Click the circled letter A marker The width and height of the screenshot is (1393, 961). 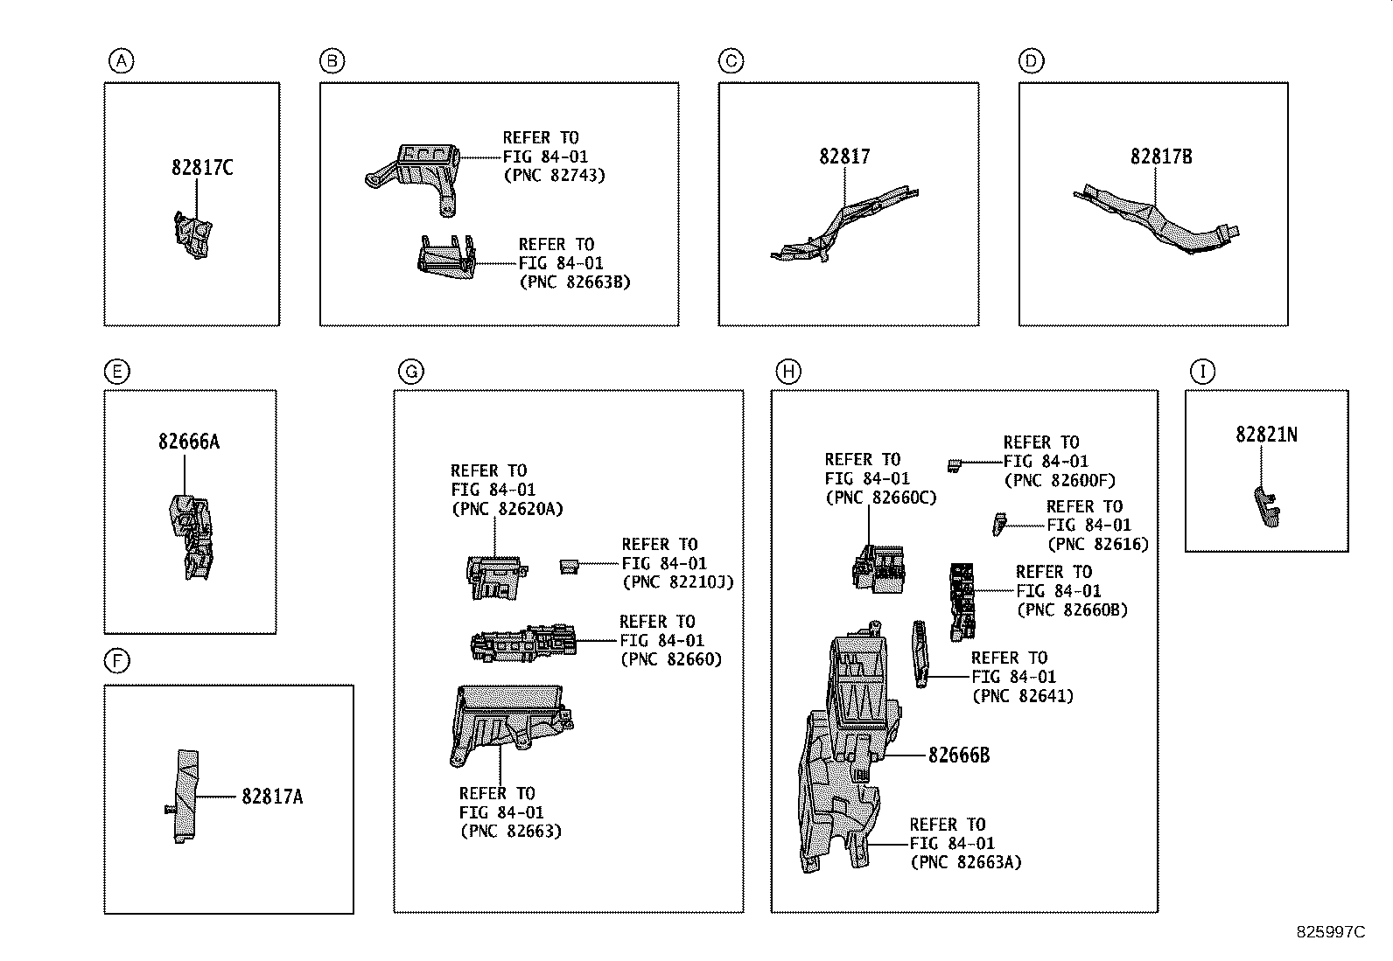(x=121, y=61)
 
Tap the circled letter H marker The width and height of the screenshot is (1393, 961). (x=788, y=372)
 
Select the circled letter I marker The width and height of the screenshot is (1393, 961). (x=1202, y=372)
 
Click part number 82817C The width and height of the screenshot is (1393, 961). (x=202, y=167)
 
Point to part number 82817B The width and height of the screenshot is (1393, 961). (x=1161, y=157)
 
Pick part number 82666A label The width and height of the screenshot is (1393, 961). (x=189, y=442)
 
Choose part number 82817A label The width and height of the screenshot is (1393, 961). (x=273, y=796)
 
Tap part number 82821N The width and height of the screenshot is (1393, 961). (x=1266, y=434)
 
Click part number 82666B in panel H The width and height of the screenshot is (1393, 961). (x=959, y=755)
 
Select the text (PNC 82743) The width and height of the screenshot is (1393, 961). (x=554, y=175)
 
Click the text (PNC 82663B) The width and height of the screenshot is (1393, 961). (x=574, y=282)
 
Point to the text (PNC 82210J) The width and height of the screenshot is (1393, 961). (x=677, y=581)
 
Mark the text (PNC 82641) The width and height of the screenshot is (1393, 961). (x=1022, y=696)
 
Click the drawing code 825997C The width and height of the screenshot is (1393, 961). (x=1330, y=932)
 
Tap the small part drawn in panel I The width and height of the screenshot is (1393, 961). (x=1265, y=507)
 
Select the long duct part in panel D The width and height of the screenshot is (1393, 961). (x=1155, y=219)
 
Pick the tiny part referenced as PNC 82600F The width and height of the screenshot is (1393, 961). (x=955, y=463)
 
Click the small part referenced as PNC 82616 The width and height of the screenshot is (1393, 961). (x=998, y=523)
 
